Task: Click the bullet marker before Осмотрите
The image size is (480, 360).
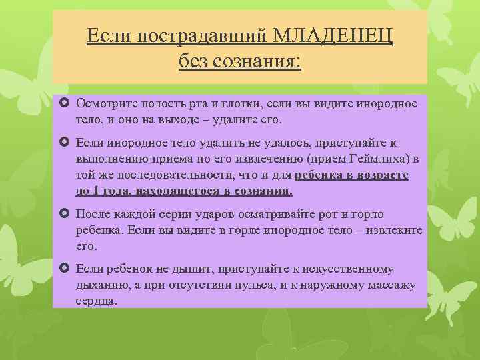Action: click(65, 103)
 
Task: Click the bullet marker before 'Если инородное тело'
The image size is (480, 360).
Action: click(65, 142)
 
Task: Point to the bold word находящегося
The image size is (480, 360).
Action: click(171, 191)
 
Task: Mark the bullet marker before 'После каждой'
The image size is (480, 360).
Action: click(65, 213)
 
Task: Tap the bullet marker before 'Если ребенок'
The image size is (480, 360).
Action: click(65, 269)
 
